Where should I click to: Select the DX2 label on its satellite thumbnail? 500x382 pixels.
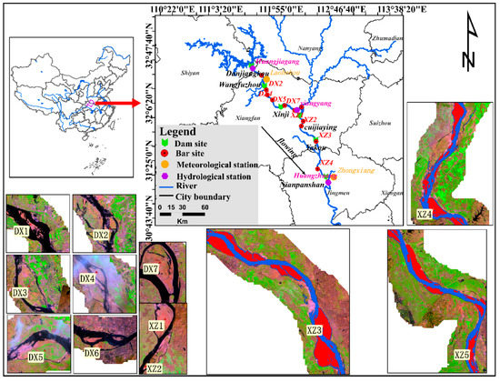coord(101,236)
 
